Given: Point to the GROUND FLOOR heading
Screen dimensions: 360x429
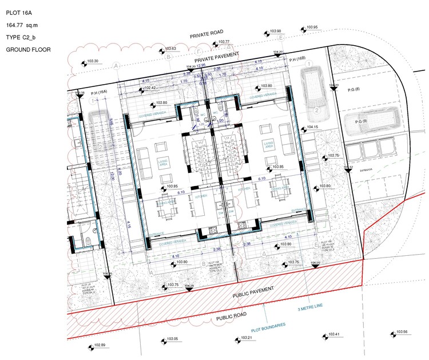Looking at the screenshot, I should click(x=28, y=50).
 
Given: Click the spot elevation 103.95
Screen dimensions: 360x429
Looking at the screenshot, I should click(x=311, y=27).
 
